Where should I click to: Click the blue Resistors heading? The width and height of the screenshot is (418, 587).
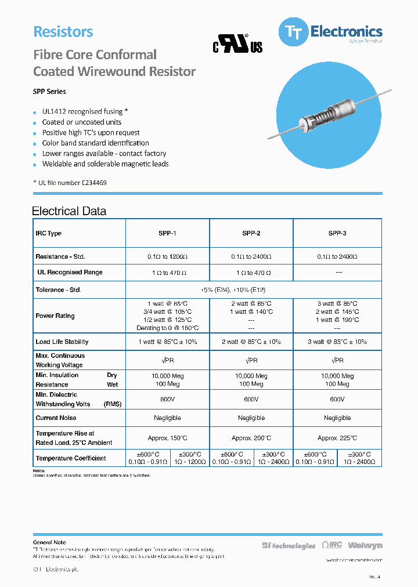tap(63, 32)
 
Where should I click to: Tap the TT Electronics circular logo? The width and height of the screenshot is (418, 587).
tap(294, 32)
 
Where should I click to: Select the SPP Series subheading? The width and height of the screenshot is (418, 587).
tap(49, 92)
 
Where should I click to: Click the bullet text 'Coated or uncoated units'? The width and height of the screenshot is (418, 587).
tap(82, 122)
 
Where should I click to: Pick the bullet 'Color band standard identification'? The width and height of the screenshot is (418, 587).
tap(95, 143)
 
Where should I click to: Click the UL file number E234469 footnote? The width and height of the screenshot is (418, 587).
tap(70, 183)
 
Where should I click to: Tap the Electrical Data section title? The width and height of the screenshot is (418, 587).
tap(69, 211)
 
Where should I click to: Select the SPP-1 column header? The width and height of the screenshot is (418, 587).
tap(167, 233)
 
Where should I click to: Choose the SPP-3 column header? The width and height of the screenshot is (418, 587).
tap(337, 233)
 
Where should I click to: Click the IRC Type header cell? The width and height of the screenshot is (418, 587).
tap(49, 233)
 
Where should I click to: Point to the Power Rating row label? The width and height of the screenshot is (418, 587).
tap(55, 316)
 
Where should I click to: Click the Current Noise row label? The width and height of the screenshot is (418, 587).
tap(56, 418)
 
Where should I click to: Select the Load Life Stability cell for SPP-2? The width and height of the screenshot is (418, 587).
tap(251, 342)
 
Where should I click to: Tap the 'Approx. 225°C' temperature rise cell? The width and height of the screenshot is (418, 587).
tap(337, 439)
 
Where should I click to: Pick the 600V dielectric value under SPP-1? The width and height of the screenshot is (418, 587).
tap(167, 400)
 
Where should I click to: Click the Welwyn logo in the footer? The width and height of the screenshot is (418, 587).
tap(365, 545)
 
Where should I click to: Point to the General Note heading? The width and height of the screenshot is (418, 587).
tap(49, 542)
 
